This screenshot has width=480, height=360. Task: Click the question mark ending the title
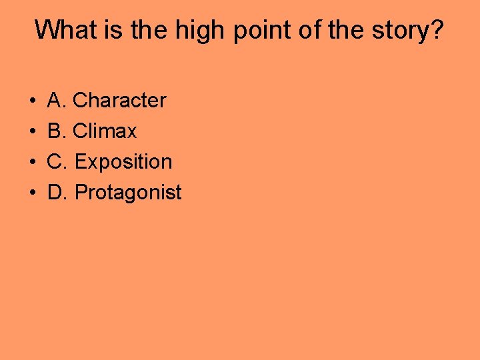436,30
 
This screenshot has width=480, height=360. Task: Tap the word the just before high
148,30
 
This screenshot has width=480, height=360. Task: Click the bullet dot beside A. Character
33,101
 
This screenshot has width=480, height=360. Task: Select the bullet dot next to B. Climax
33,132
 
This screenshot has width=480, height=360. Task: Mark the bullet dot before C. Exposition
33,163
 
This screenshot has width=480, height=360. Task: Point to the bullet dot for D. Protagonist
33,193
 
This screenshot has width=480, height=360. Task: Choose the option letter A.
56,101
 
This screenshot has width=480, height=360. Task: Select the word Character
119,101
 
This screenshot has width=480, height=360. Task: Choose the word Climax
105,131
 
